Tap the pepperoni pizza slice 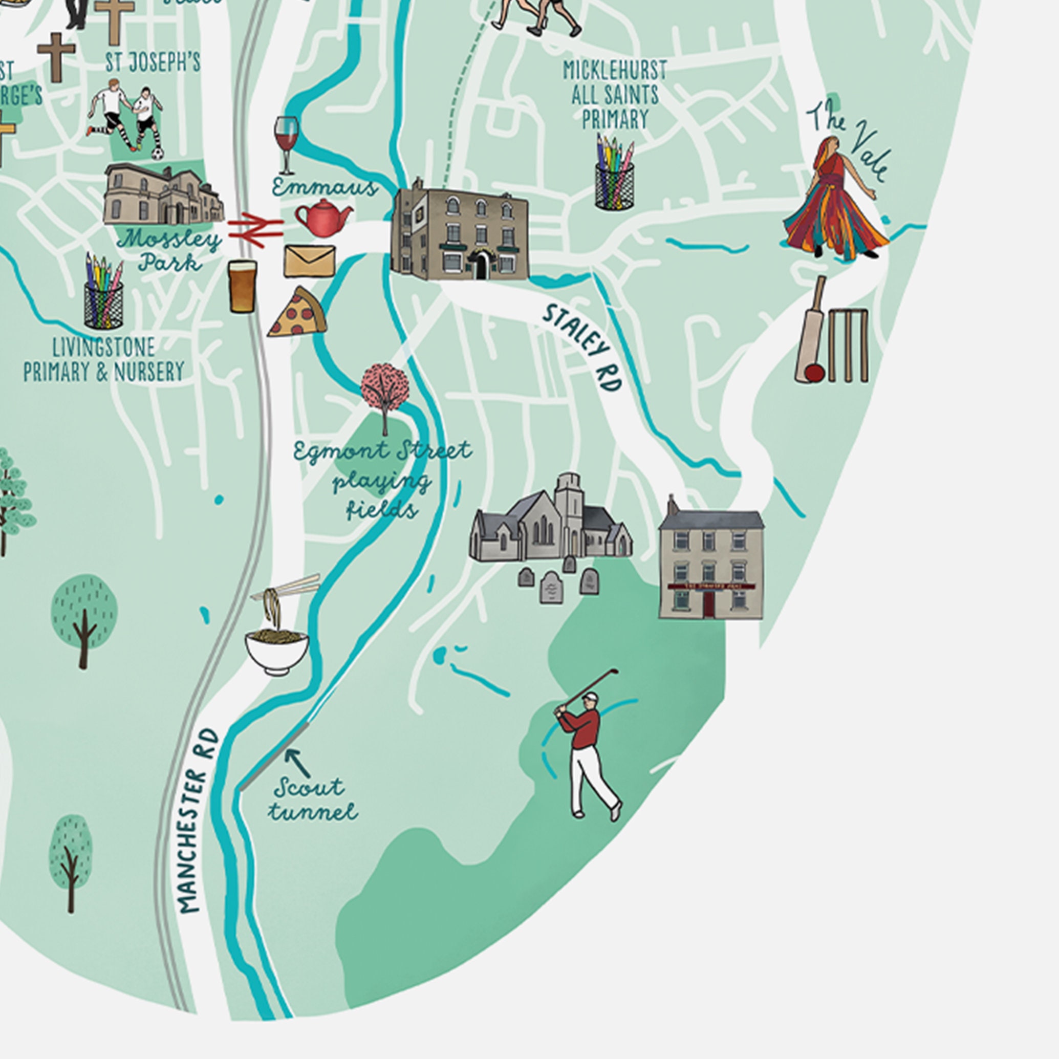tap(299, 314)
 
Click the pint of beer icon tap(243, 286)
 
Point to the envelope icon tap(309, 261)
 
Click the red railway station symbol tap(255, 229)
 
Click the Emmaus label tap(325, 188)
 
